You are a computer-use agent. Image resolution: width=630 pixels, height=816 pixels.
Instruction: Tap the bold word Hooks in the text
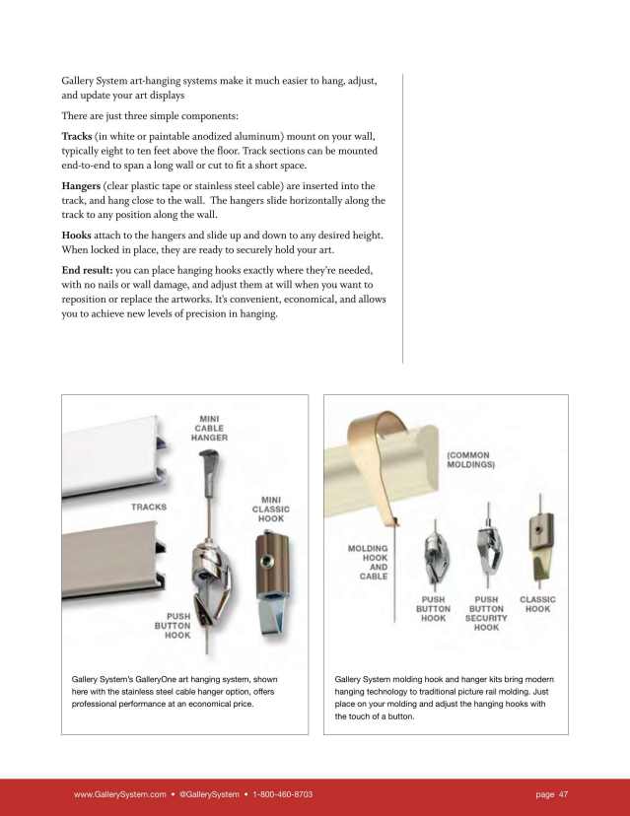[78, 236]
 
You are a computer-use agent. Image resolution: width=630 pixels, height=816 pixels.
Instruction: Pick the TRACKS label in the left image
[149, 507]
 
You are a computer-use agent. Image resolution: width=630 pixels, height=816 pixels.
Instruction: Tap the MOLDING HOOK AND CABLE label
[368, 562]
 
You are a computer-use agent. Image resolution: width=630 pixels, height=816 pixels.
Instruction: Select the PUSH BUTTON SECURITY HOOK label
[486, 612]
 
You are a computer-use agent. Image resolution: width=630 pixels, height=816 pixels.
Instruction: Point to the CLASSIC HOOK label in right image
[537, 604]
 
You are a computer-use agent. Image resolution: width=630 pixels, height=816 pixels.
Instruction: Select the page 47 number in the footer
[552, 794]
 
